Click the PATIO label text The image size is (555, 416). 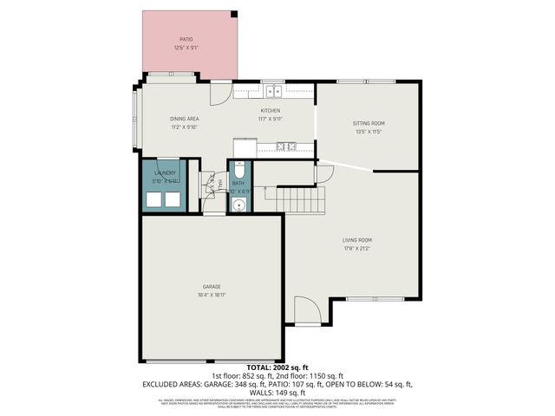tap(186, 39)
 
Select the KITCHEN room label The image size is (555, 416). tap(271, 111)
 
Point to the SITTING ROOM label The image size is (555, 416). tap(368, 123)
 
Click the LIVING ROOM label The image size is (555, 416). tap(356, 240)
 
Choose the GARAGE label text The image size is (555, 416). tap(212, 286)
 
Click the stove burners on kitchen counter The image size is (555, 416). tap(286, 145)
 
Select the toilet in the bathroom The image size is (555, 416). tap(238, 170)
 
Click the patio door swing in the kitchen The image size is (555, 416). tap(220, 90)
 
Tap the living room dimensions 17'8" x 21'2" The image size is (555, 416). tap(356, 249)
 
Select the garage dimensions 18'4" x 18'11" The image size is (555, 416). tap(212, 295)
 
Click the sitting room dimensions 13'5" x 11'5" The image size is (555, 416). tap(368, 132)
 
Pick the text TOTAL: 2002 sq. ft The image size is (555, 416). tap(277, 367)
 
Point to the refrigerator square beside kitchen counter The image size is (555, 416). tap(242, 146)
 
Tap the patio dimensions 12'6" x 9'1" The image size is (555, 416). tap(186, 48)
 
